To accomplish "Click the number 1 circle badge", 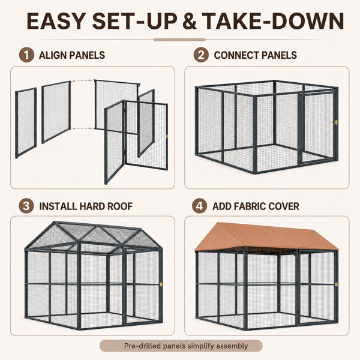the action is [x=26, y=55].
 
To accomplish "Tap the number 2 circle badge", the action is [x=201, y=55].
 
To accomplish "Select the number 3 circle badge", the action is [x=26, y=206].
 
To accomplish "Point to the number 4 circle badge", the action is [x=200, y=206].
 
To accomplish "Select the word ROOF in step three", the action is [x=120, y=206].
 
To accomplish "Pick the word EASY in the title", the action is [x=56, y=21].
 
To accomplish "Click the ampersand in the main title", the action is [x=190, y=21].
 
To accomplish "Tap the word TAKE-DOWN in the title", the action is [x=273, y=21].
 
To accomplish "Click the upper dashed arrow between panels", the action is [x=82, y=81].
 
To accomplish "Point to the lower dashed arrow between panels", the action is [x=82, y=128].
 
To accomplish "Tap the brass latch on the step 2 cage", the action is [x=337, y=122].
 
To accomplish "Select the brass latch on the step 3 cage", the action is [x=161, y=284].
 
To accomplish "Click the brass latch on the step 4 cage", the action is [x=337, y=284].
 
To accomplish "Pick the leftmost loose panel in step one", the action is [x=26, y=123].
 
